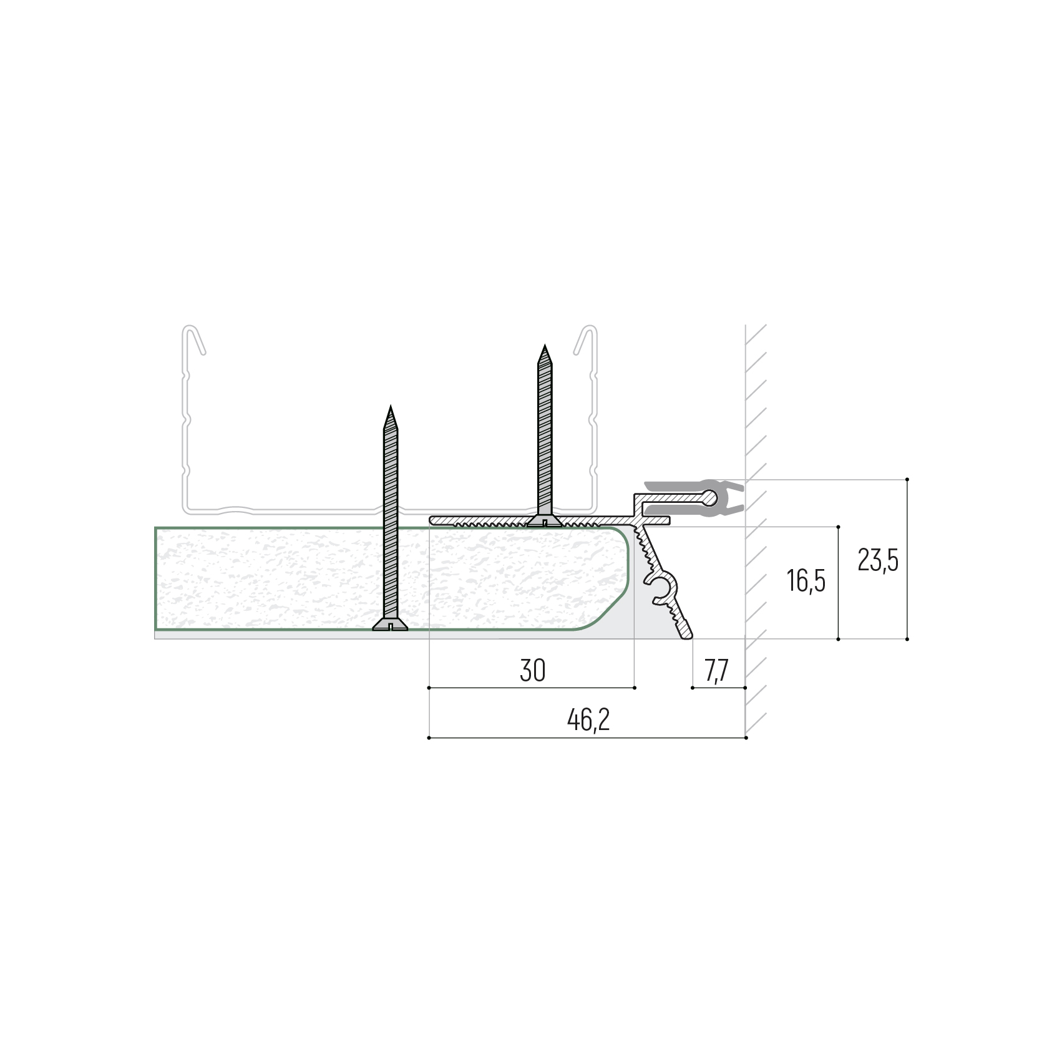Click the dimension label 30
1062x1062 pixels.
point(532,671)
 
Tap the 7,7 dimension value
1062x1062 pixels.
point(717,671)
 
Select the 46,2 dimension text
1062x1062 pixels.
point(588,720)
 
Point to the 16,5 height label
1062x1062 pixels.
point(806,581)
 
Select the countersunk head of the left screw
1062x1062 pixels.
point(390,624)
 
